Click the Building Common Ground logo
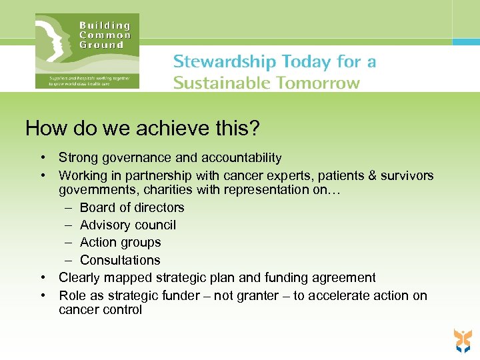click(x=87, y=51)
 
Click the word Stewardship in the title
click(x=223, y=62)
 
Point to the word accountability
click(x=240, y=158)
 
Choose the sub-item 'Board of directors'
click(x=132, y=207)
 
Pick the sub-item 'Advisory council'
click(x=128, y=225)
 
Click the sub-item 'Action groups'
click(x=120, y=243)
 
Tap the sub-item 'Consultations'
click(x=120, y=260)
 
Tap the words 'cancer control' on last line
click(x=100, y=310)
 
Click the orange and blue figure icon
click(x=462, y=340)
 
